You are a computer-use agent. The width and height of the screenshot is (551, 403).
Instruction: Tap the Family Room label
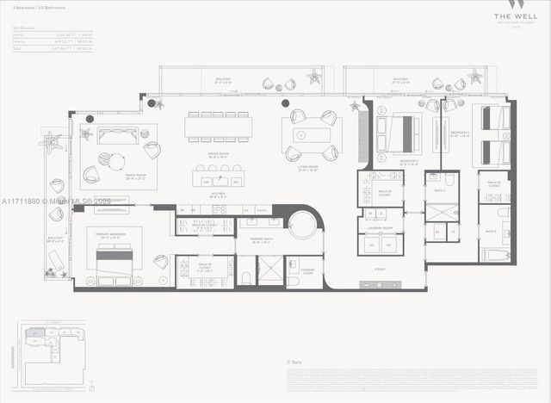coord(112,176)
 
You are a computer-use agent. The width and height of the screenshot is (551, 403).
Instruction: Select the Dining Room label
coord(218,155)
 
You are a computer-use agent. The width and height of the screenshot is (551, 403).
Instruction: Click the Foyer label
coord(380,269)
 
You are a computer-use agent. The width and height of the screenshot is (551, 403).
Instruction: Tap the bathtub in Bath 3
coord(497,254)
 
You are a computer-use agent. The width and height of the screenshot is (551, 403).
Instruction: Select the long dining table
coord(219,127)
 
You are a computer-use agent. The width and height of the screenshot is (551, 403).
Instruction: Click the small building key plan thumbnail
coord(52,349)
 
